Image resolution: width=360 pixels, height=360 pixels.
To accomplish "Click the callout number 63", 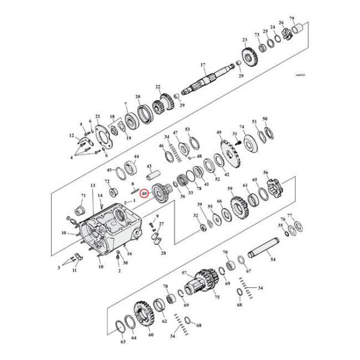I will click(122, 343).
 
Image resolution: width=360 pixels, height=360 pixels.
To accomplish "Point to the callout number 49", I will click(219, 132).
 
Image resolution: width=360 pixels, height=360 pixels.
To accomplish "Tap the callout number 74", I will click(242, 127).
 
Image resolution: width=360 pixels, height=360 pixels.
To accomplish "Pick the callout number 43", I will click(148, 166).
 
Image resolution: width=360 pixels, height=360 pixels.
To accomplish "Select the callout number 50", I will click(265, 119).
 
